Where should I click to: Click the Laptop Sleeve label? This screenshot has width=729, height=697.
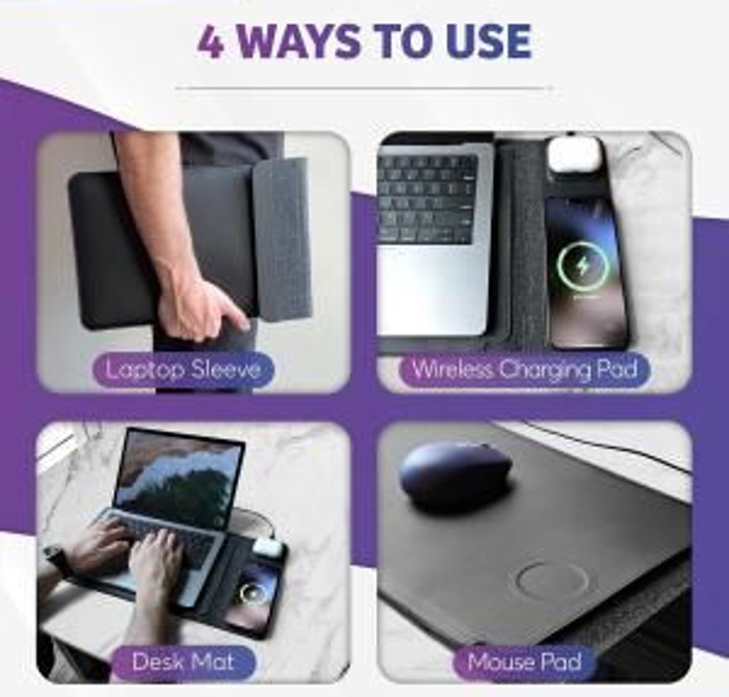pyautogui.click(x=183, y=370)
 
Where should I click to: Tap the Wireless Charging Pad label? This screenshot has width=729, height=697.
pyautogui.click(x=525, y=370)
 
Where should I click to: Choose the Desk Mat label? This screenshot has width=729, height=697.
pyautogui.click(x=182, y=662)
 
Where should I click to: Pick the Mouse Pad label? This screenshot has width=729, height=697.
pyautogui.click(x=525, y=662)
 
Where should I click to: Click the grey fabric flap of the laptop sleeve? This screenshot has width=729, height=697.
pyautogui.click(x=282, y=242)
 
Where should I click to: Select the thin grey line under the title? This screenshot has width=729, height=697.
pyautogui.click(x=364, y=87)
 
